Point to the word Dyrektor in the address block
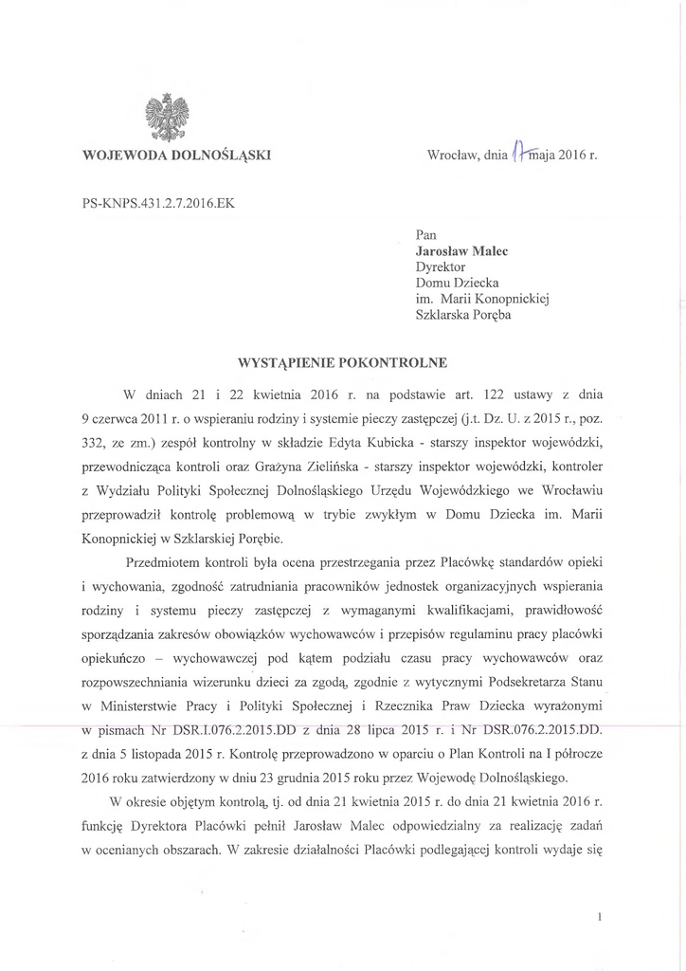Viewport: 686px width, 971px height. [442, 267]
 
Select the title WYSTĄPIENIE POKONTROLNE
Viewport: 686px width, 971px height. [342, 361]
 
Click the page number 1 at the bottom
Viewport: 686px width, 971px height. [601, 917]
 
